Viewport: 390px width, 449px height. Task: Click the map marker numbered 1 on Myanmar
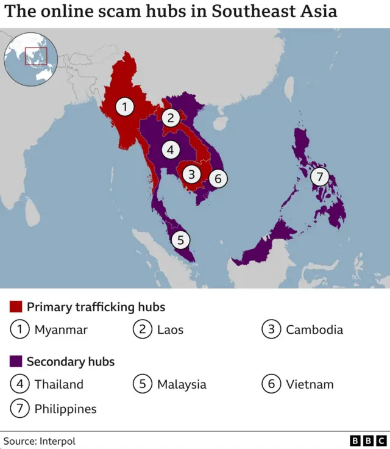click(125, 107)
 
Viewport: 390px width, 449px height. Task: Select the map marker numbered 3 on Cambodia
click(192, 174)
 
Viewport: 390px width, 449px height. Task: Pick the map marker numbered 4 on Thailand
click(171, 149)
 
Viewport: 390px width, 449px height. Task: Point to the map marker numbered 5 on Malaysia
click(180, 240)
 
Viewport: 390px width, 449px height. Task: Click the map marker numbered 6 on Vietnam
click(218, 179)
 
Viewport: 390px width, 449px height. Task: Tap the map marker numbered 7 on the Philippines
click(319, 177)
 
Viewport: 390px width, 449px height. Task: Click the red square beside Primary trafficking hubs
click(16, 306)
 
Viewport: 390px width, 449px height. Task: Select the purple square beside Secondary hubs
click(16, 361)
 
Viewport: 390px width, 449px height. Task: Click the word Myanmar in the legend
click(61, 330)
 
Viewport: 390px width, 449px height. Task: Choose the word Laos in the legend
click(170, 330)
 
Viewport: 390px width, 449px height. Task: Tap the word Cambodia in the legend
click(314, 330)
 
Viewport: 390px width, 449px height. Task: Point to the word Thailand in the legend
click(59, 384)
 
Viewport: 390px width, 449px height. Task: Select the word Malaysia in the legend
click(182, 384)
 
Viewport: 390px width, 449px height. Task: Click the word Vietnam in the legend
click(310, 384)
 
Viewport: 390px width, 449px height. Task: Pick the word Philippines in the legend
click(65, 409)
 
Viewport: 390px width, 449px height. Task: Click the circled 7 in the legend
click(20, 408)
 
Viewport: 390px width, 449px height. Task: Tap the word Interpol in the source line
click(57, 440)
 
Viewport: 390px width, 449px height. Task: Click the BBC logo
click(368, 440)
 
